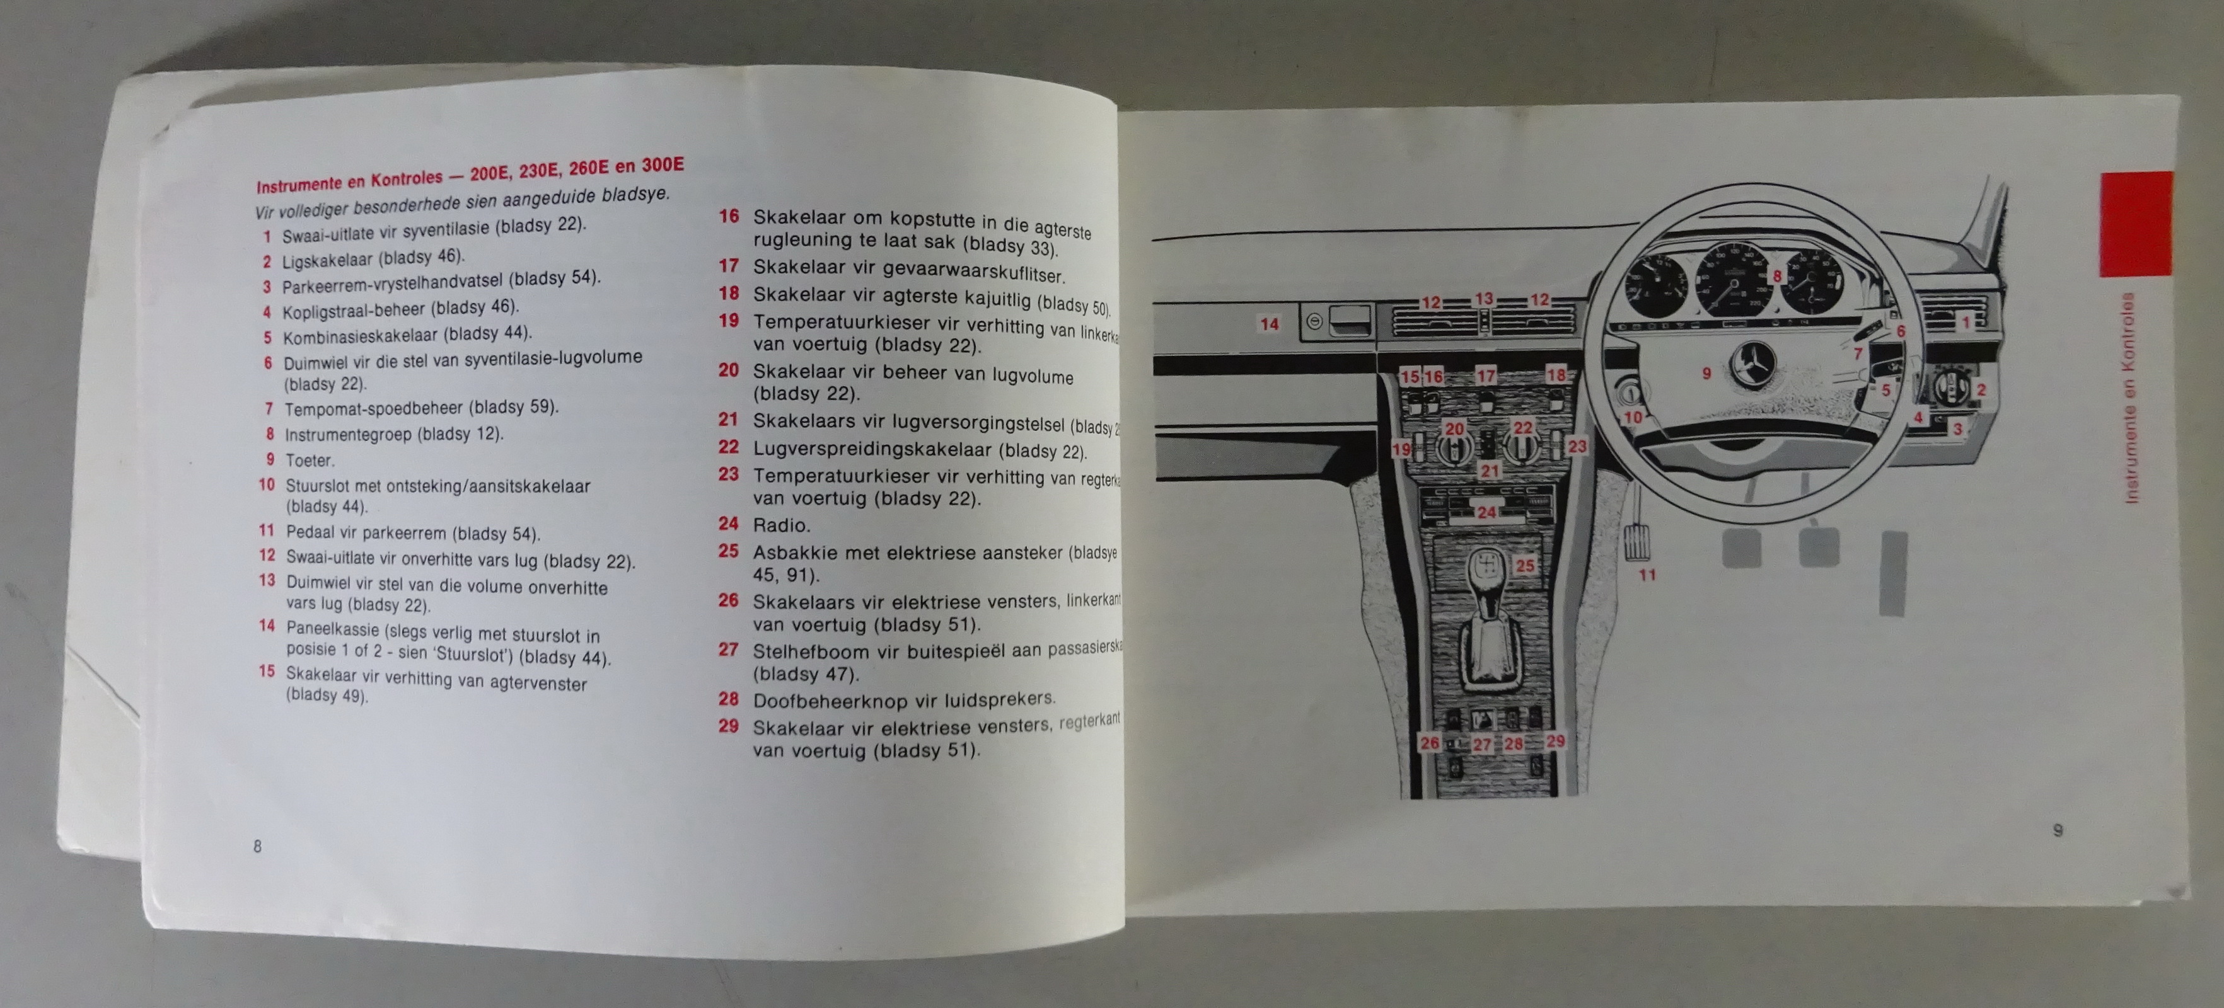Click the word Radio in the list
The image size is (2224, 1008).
coord(781,525)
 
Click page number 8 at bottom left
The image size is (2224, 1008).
coord(257,847)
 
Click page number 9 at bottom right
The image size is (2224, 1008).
coord(2058,830)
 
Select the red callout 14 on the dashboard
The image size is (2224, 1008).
coord(1269,324)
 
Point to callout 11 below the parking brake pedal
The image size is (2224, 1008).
coord(1647,575)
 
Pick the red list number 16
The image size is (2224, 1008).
coord(729,217)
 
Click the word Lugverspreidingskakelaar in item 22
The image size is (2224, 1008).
coord(872,450)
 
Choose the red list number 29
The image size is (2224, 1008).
coord(729,726)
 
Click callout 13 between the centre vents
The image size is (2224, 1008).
coord(1483,299)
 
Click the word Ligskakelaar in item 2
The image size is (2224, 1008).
coord(327,260)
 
